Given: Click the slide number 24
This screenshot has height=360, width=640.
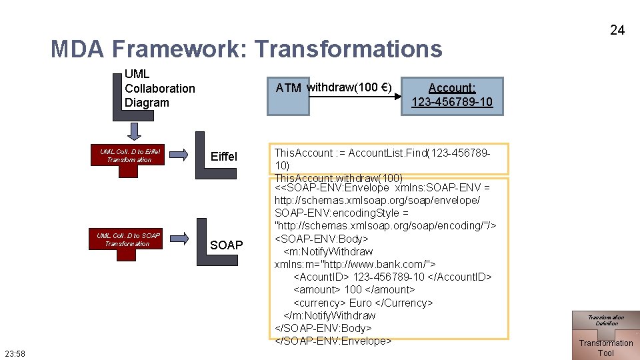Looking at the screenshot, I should [x=617, y=30].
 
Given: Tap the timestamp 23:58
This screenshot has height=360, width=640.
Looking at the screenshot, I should [x=14, y=353].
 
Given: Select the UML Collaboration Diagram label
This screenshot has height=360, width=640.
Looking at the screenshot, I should [x=159, y=88].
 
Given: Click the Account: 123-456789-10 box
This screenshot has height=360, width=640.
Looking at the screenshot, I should [x=452, y=95].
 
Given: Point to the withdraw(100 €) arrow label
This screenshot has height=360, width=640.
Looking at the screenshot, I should [x=349, y=87].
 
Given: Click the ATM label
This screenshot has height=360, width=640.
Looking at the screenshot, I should [x=288, y=88].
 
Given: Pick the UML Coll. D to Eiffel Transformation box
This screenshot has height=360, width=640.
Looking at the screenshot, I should [x=130, y=156].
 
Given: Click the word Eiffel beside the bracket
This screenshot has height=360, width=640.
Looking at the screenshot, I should [x=223, y=157].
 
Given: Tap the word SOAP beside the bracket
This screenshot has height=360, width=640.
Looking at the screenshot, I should [x=226, y=245].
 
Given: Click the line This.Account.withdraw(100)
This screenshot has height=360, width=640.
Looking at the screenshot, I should [x=338, y=178].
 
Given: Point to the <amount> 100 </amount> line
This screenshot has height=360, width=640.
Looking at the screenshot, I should [x=354, y=289].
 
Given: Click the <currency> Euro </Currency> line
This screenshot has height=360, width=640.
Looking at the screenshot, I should [x=363, y=303].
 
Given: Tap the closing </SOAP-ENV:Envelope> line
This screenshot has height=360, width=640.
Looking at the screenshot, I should [x=333, y=341].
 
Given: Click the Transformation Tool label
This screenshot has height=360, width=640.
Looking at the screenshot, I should [x=605, y=348].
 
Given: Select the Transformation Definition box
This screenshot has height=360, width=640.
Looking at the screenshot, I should [x=605, y=321].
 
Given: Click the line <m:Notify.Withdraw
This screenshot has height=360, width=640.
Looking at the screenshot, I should [x=328, y=251].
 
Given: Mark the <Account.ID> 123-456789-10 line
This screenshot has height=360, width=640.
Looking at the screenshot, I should [x=392, y=277].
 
